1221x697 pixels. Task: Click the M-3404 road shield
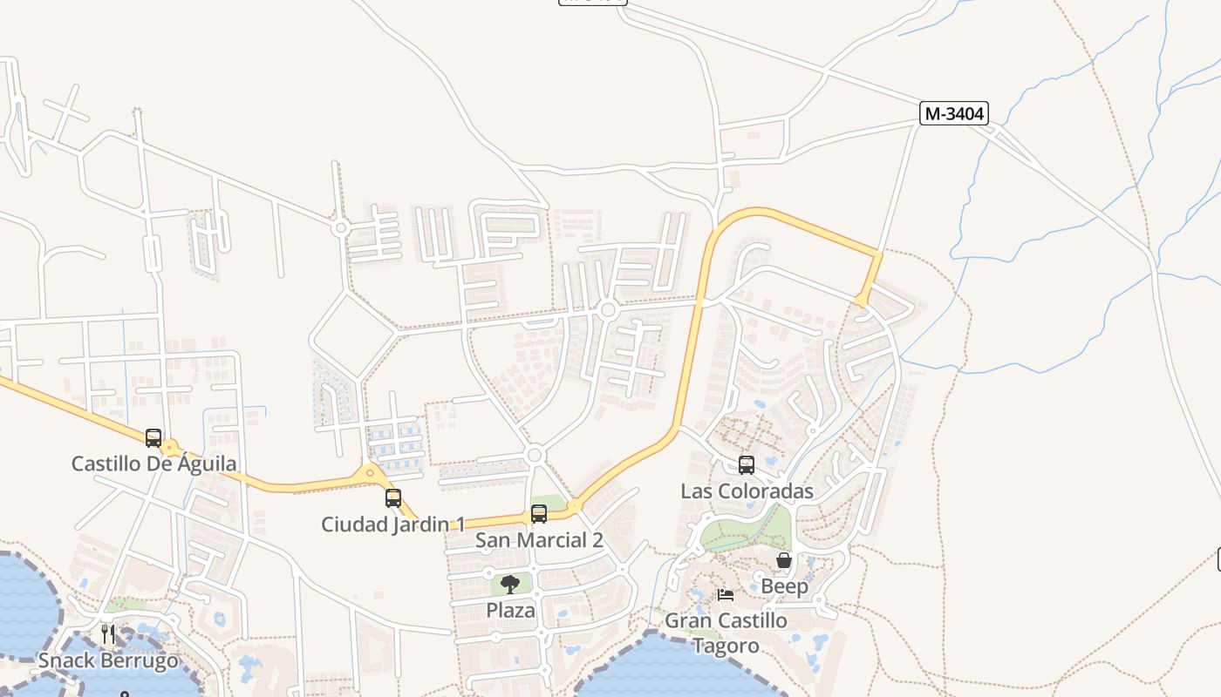point(953,113)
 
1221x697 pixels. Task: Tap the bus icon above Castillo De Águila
point(153,437)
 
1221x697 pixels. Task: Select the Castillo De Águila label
point(153,464)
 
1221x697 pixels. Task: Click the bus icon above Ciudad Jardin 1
point(393,498)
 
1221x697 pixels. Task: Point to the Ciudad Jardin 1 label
point(392,524)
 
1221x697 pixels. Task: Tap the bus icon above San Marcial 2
point(539,514)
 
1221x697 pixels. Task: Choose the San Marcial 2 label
point(539,540)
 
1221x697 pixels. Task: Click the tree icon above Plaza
point(510,585)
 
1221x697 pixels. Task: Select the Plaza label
point(510,610)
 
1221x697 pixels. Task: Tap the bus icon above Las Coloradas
point(747,465)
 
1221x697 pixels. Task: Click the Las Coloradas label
point(747,491)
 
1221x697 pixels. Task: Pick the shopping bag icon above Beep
point(784,560)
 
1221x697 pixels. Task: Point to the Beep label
point(784,586)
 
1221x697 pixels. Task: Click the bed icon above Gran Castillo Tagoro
point(726,595)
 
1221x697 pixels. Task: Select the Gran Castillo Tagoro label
point(726,633)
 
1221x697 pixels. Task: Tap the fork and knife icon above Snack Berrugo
point(108,633)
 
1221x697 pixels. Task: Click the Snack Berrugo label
point(108,660)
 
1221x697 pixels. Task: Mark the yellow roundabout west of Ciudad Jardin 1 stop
point(370,473)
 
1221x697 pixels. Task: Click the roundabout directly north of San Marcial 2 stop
point(535,455)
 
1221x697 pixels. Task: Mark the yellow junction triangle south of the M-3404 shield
point(862,301)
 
